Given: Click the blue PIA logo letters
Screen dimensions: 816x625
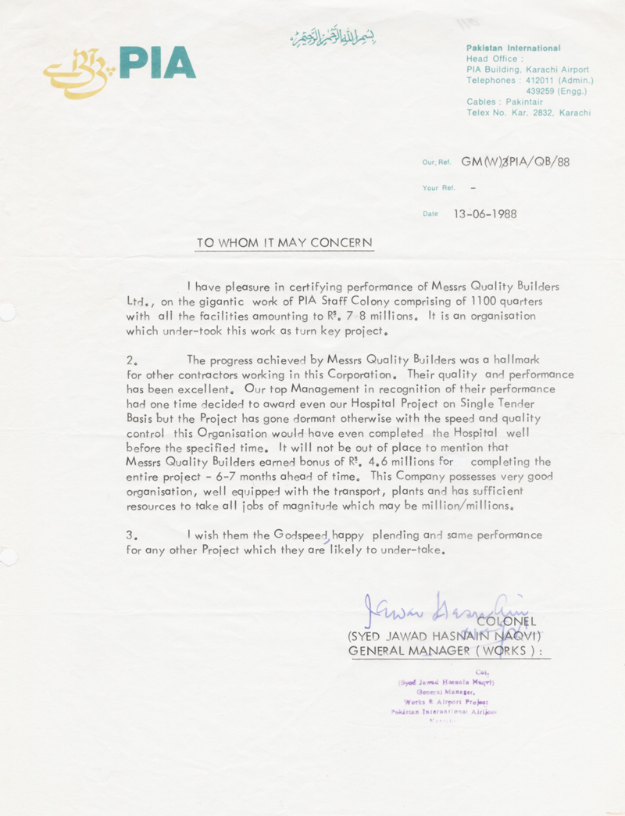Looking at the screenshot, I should (157, 63).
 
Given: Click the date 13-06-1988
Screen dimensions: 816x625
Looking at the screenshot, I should (485, 214).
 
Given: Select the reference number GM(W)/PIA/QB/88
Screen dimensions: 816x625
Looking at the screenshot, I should (516, 162).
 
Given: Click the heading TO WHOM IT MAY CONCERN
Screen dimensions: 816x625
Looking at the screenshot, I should (284, 243).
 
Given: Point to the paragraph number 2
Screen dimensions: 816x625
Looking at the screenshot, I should (130, 360).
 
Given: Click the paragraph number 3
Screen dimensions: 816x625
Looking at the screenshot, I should (130, 535).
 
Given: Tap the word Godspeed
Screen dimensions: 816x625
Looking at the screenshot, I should (302, 535).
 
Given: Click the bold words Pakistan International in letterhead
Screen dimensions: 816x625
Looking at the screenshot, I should (513, 48).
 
